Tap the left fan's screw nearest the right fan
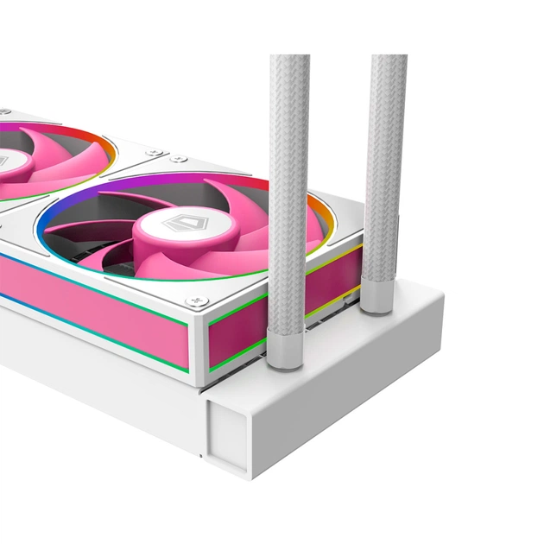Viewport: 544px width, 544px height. (153, 152)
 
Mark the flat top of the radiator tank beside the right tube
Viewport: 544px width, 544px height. (406, 319)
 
